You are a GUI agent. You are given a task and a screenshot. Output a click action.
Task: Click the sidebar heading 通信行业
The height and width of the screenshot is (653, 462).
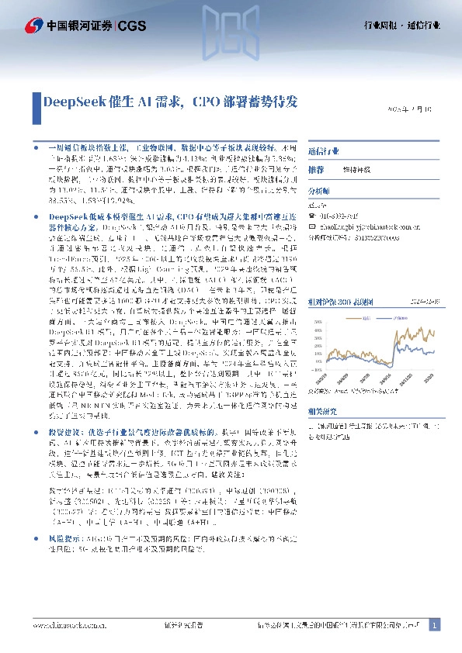pos(324,150)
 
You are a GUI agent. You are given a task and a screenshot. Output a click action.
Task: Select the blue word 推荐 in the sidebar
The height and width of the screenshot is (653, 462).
pos(316,169)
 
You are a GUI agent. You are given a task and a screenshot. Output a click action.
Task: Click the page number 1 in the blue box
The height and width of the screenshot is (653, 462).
pos(433,624)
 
